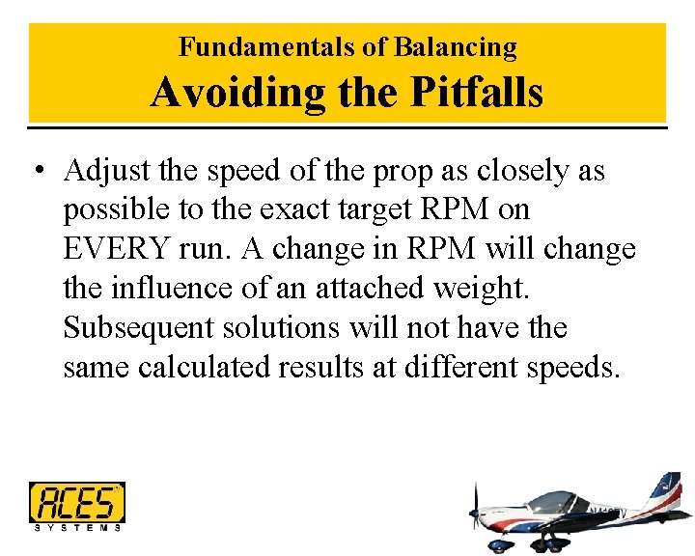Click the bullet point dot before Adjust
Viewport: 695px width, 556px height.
coord(37,173)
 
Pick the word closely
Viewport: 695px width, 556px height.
coord(518,171)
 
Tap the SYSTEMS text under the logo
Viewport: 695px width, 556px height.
coord(77,527)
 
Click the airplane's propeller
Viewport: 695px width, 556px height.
coord(474,512)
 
